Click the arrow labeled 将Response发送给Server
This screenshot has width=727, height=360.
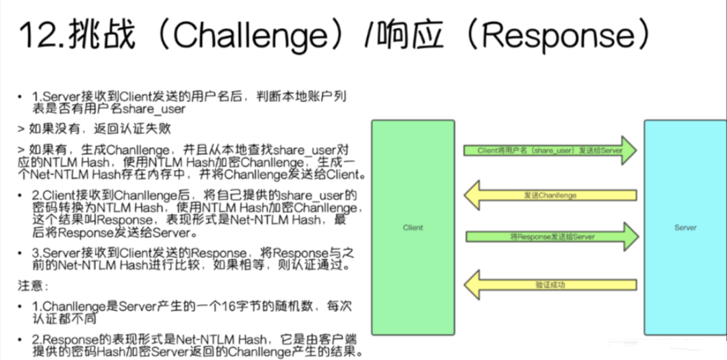[x=551, y=236]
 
